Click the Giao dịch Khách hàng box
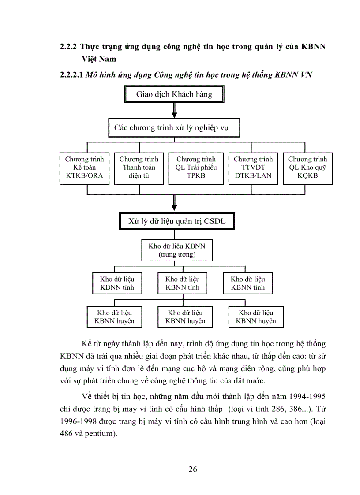pos(174,94)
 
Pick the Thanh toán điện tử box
pos(139,168)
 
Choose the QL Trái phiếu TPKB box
pos(196,168)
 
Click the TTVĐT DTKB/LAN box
pos(253,168)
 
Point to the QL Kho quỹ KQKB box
pos(307,168)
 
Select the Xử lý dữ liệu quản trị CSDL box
pos(177,221)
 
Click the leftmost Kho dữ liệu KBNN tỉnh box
pos(117,283)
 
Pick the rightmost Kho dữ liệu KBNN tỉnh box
pos(247,283)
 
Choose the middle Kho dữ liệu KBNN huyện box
pos(185,316)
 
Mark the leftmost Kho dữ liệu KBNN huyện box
pos(114,316)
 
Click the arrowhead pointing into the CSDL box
pos(174,208)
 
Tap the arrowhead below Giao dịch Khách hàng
pos(174,114)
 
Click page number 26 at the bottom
pos(192,469)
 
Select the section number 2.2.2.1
pos(71,74)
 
